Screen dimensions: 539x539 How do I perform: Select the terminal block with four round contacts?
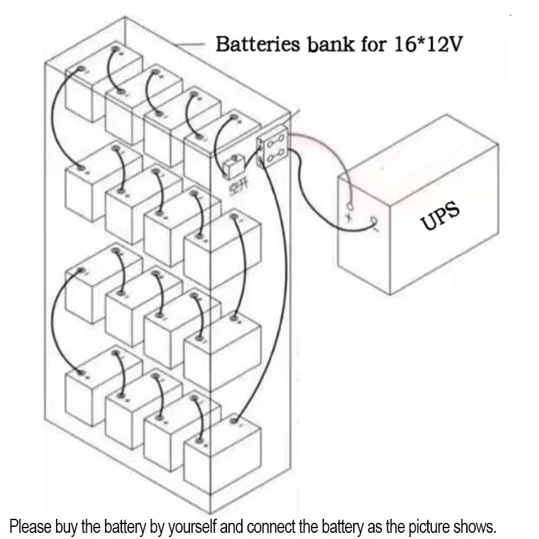click(273, 150)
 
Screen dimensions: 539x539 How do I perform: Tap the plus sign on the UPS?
click(349, 217)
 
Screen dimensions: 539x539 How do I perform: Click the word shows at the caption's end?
click(476, 526)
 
